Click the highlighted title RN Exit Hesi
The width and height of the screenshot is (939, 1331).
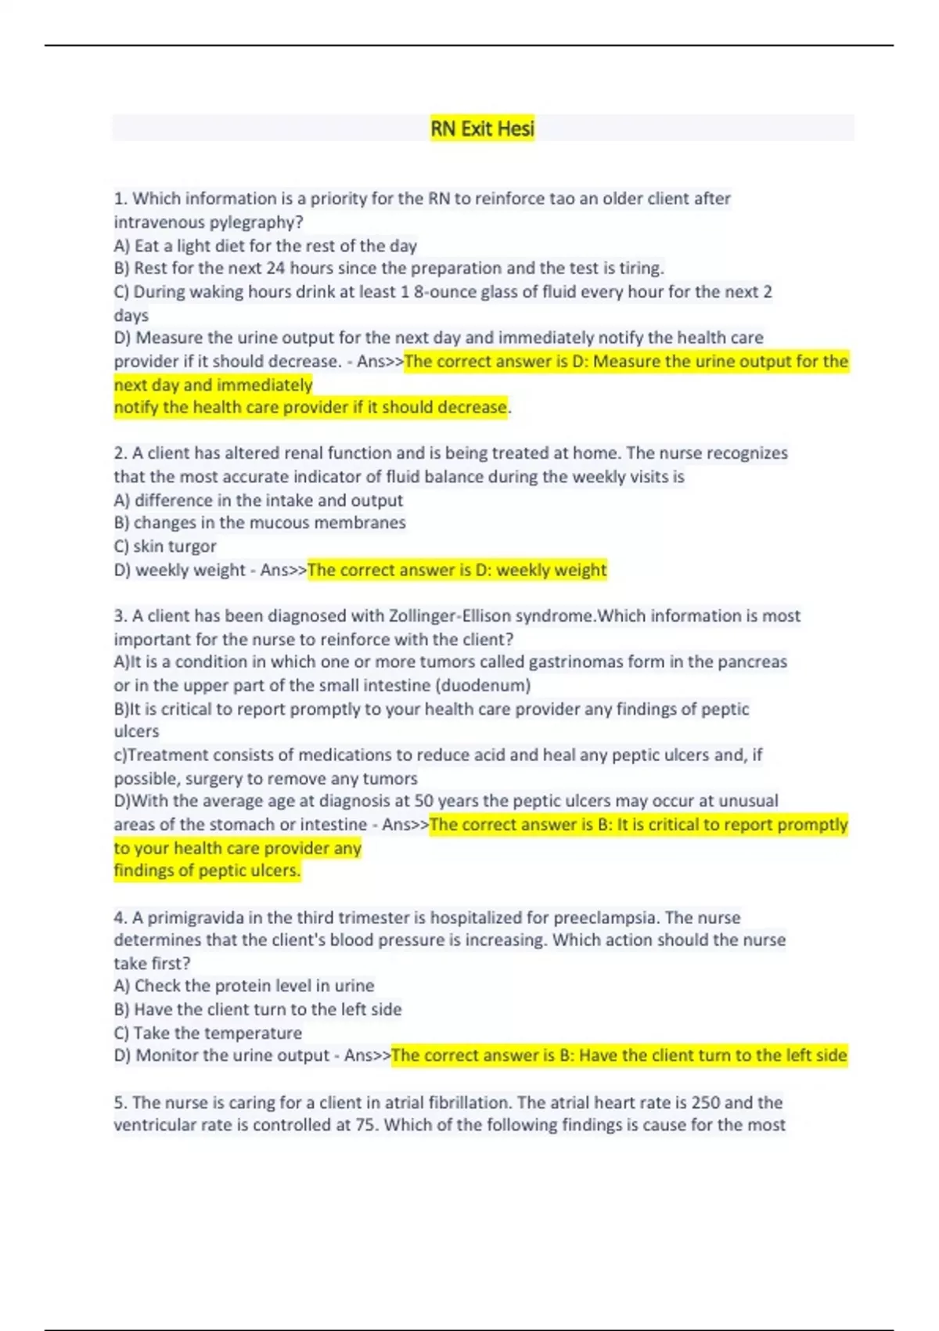pyautogui.click(x=482, y=128)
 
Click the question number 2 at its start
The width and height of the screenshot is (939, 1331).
pyautogui.click(x=120, y=453)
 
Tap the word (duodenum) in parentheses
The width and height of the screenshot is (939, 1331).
pyautogui.click(x=483, y=686)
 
